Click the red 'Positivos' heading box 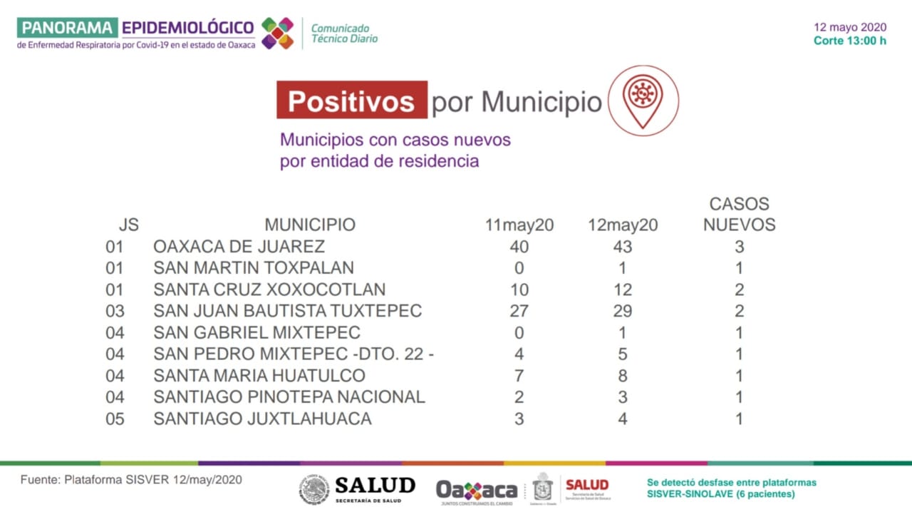(352, 101)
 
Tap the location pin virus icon (643, 100)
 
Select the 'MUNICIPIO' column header (310, 225)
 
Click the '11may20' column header (519, 225)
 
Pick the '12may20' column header (622, 225)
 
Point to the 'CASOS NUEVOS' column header (739, 214)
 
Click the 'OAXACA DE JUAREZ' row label (239, 247)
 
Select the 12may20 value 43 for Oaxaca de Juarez (622, 247)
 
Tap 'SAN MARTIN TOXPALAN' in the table (254, 268)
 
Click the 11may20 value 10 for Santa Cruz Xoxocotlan (519, 290)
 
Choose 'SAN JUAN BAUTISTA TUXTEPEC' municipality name (287, 311)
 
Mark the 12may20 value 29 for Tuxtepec (622, 311)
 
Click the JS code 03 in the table (115, 311)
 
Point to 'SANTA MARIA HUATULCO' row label (259, 375)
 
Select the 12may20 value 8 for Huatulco (622, 375)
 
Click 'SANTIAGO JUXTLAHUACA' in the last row (262, 419)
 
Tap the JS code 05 (115, 419)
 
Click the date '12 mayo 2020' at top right (850, 27)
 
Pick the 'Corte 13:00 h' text (850, 41)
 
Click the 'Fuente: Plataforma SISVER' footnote (131, 480)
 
